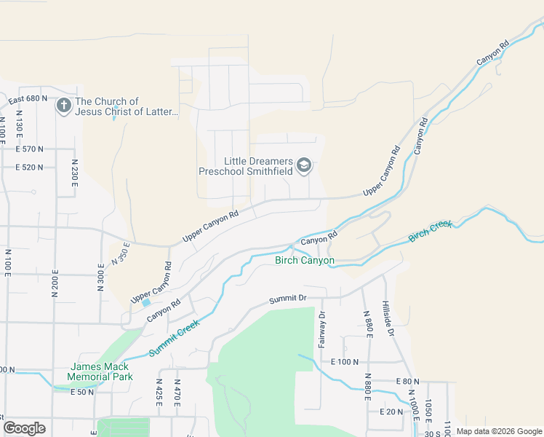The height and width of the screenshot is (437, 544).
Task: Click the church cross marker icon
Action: click(63, 106)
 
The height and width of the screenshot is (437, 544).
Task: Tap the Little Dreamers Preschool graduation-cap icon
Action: click(304, 166)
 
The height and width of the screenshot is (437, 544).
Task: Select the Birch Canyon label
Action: click(304, 260)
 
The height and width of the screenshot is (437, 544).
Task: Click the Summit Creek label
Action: click(174, 339)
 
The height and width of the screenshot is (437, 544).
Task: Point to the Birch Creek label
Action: click(430, 231)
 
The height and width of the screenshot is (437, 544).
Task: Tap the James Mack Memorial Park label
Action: click(100, 372)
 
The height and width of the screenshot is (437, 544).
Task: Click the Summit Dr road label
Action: click(288, 299)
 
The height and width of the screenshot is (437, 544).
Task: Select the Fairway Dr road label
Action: click(321, 328)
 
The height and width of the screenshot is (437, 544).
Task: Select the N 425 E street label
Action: click(159, 391)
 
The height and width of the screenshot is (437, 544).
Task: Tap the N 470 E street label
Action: click(177, 391)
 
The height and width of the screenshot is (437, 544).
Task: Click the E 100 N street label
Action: click(345, 361)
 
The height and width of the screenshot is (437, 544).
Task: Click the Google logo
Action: click(25, 428)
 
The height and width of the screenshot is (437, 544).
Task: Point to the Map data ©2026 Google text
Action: click(498, 431)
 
